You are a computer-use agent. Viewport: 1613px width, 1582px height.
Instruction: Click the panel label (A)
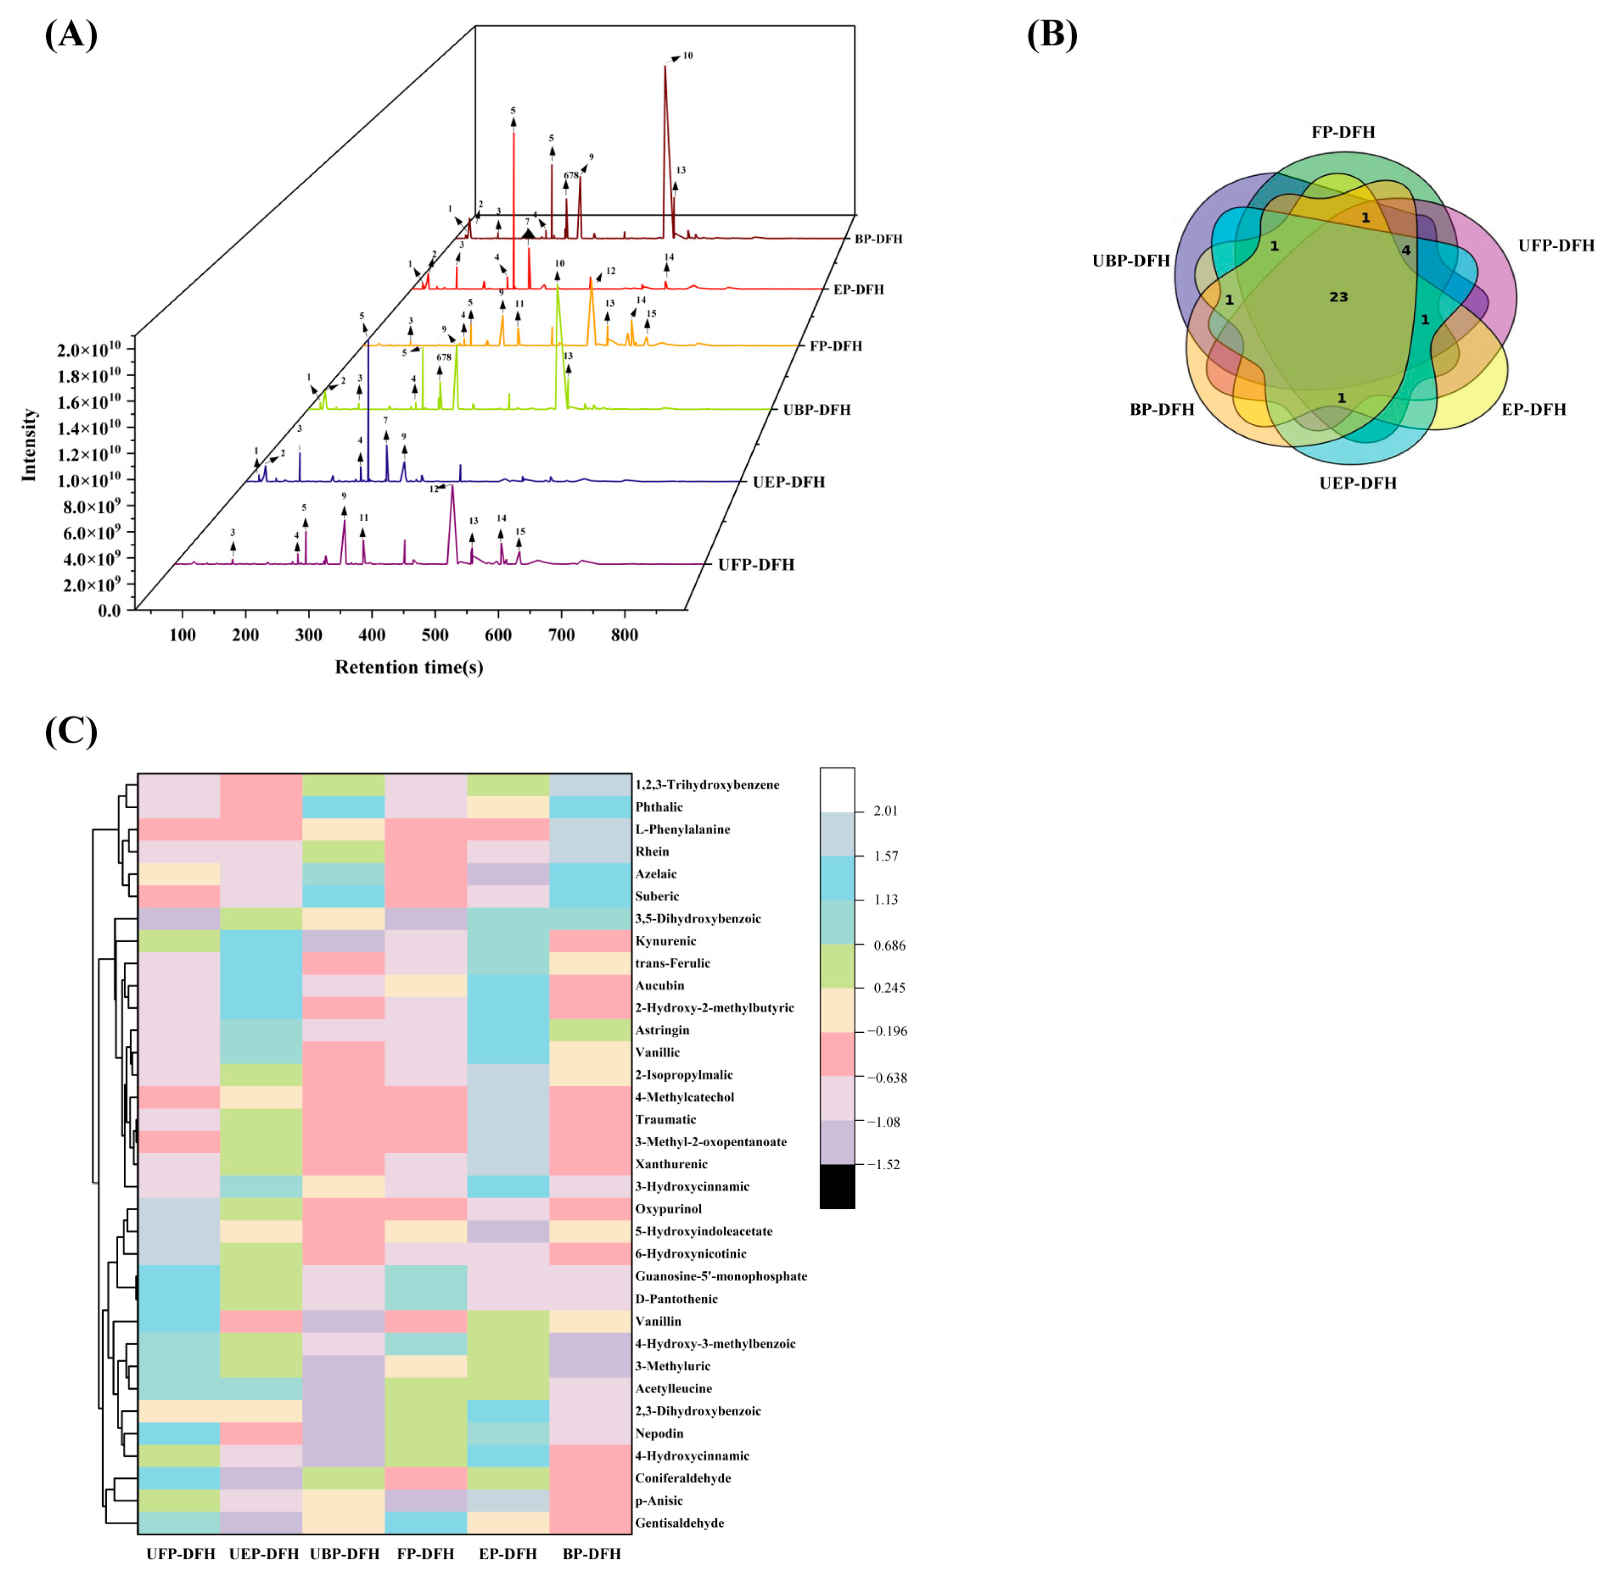[x=71, y=35]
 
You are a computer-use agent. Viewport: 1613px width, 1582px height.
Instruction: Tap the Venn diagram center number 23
[x=1338, y=297]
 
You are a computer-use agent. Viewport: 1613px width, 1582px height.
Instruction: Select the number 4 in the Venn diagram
[x=1406, y=250]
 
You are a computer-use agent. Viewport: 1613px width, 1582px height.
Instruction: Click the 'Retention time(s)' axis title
[x=409, y=667]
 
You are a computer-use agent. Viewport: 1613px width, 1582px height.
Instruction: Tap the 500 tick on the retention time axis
[x=434, y=635]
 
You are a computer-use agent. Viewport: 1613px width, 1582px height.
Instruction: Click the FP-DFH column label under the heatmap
[x=425, y=1554]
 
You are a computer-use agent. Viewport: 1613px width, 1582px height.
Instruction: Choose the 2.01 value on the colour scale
[x=885, y=811]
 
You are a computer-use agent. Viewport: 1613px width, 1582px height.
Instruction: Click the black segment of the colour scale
[x=837, y=1186]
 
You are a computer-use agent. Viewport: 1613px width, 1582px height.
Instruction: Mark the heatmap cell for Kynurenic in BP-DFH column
[x=590, y=941]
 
